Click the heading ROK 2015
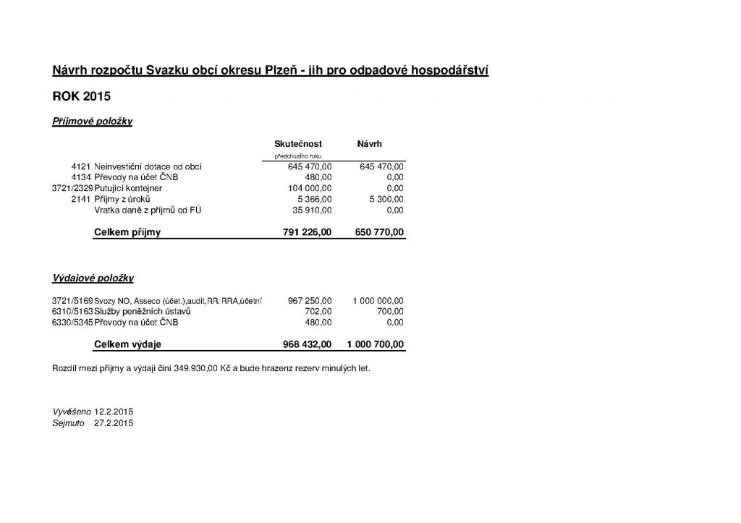81,96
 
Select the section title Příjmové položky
92,122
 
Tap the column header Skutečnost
298,145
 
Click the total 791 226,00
306,233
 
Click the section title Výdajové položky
93,278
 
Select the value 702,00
319,311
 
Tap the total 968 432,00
306,344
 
